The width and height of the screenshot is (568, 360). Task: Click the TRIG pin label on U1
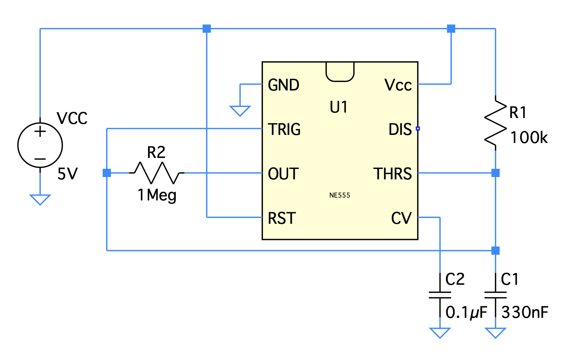[284, 129]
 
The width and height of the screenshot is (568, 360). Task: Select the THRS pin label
[392, 174]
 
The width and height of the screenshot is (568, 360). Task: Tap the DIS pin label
[400, 129]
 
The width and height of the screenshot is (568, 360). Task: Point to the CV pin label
[401, 218]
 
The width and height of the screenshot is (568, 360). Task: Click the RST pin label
[282, 218]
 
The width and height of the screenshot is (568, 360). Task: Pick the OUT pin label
[283, 174]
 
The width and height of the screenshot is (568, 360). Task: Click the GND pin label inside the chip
[283, 85]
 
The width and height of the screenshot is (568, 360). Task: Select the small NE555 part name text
[340, 195]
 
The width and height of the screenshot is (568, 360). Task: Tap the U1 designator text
[339, 107]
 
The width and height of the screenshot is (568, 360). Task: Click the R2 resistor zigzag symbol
[157, 173]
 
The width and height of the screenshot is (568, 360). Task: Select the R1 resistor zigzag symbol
[495, 123]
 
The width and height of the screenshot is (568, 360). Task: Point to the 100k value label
[529, 138]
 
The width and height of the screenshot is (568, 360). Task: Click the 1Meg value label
[157, 195]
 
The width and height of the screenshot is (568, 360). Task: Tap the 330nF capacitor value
[525, 313]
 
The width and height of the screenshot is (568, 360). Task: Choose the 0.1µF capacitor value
[466, 313]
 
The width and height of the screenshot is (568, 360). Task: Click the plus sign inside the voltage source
[40, 132]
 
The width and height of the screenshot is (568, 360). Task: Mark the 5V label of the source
[67, 174]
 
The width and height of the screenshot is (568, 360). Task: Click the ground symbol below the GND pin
[240, 110]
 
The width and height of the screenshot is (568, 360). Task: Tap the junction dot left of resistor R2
[107, 173]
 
